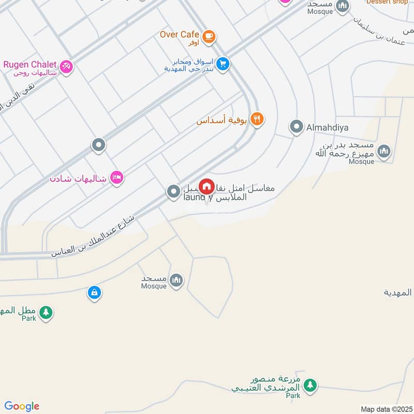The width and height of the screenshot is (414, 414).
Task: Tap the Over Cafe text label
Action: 180,35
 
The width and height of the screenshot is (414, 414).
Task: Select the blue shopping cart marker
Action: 223,64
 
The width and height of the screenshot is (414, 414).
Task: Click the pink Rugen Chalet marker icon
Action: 66,66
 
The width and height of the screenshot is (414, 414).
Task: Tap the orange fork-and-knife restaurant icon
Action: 257,120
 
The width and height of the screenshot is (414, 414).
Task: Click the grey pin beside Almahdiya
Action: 296,126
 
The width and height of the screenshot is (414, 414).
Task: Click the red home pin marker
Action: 206,186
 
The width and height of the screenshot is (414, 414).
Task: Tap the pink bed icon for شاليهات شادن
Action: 117,178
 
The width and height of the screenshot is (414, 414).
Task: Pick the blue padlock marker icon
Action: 94,292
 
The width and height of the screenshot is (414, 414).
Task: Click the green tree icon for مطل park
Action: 46,312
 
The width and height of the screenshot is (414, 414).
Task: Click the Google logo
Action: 22,406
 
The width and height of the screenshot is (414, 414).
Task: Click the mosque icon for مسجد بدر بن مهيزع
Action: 383,151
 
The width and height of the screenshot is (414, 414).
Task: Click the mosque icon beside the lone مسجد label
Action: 176,280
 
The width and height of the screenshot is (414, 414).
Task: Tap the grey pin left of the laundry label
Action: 173,192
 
